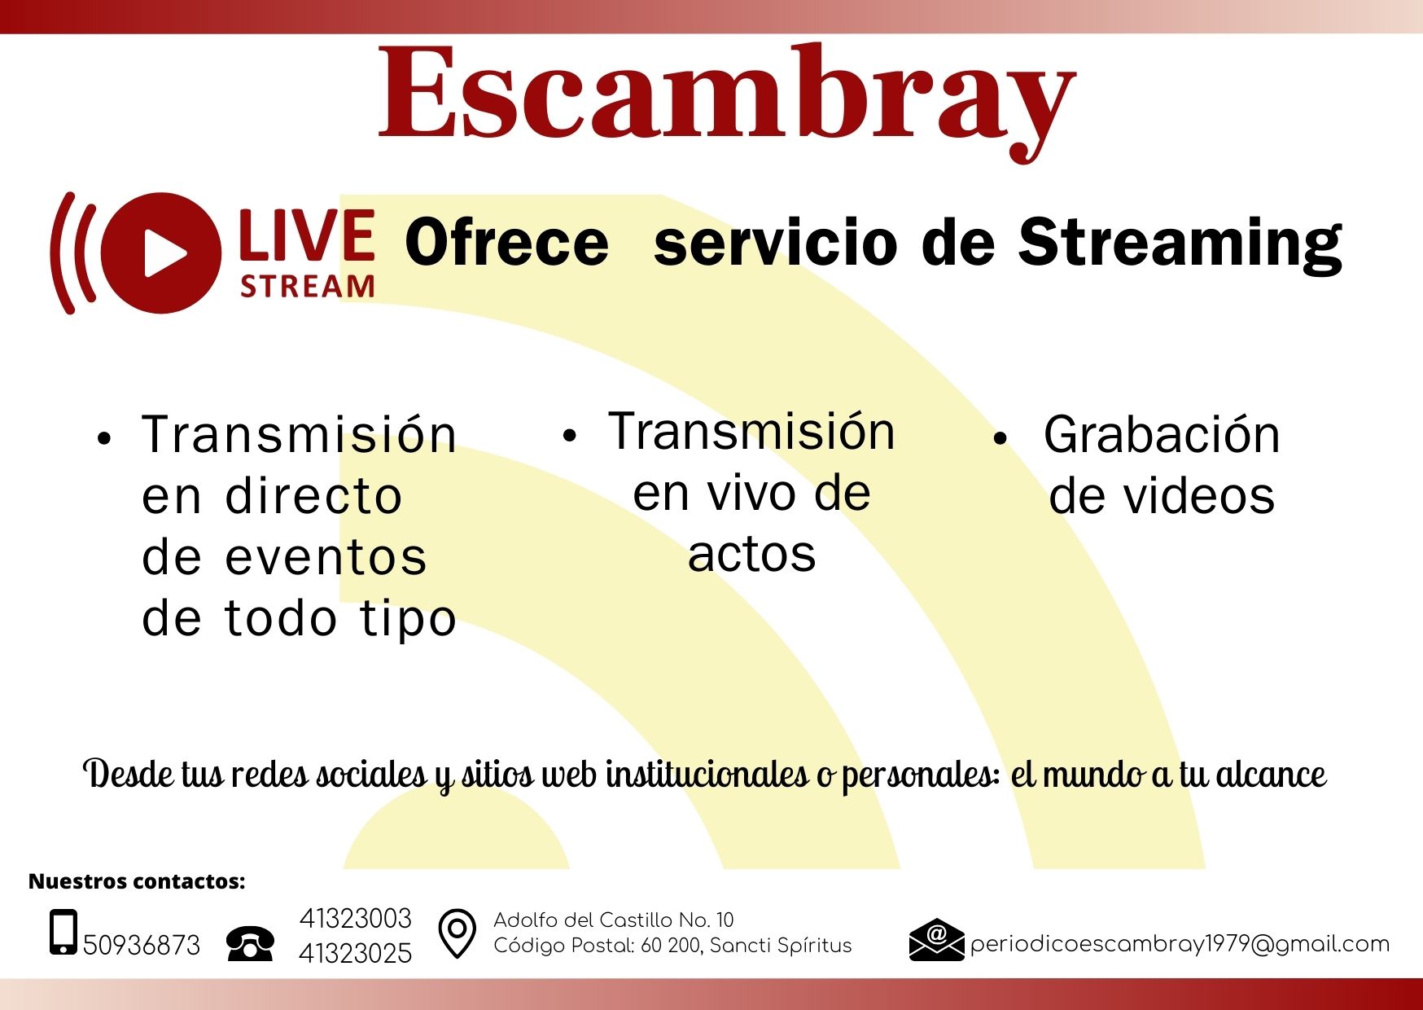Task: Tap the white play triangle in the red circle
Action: pos(164,253)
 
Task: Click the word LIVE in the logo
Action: pos(308,235)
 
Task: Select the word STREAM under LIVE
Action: pos(308,287)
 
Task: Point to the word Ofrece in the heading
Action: pos(506,243)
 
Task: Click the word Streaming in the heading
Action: pos(1180,244)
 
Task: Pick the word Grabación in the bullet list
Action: pos(1162,434)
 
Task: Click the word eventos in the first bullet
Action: pos(325,558)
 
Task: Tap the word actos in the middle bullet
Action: pos(751,555)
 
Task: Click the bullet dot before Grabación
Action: pos(1000,438)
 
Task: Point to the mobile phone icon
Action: pos(63,932)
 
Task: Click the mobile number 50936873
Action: pos(142,945)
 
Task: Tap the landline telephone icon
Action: pos(251,943)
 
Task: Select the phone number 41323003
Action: pos(356,919)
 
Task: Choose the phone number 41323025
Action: pos(356,953)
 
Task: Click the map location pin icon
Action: pos(458,933)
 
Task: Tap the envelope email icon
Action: pos(936,940)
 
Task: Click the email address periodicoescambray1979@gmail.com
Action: pos(1180,944)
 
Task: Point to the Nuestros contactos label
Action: pos(137,881)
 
